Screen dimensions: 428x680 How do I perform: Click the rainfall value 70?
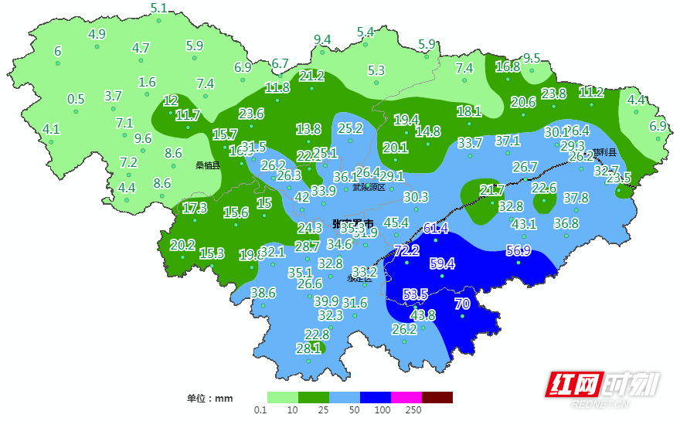pyautogui.click(x=462, y=304)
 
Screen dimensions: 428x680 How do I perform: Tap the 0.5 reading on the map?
pyautogui.click(x=76, y=99)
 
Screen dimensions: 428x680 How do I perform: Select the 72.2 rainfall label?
pyautogui.click(x=406, y=250)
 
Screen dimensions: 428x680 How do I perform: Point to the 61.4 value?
pyautogui.click(x=436, y=228)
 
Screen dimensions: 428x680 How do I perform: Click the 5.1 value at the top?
pyautogui.click(x=158, y=8)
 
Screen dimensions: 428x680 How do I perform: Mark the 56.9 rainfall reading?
pyautogui.click(x=518, y=250)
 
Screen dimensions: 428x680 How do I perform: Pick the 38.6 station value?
pyautogui.click(x=263, y=293)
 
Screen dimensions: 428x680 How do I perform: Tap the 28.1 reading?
pyautogui.click(x=308, y=348)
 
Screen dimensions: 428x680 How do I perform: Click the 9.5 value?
pyautogui.click(x=532, y=58)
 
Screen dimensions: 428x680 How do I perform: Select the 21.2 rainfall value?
pyautogui.click(x=311, y=75)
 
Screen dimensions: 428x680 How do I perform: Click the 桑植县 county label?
pyautogui.click(x=207, y=165)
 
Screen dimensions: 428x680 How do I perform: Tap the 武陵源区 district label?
pyautogui.click(x=369, y=187)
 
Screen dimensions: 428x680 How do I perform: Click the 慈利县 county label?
pyautogui.click(x=605, y=152)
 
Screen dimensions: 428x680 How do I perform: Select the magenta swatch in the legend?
pyautogui.click(x=406, y=397)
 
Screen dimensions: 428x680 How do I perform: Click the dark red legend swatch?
pyautogui.click(x=437, y=397)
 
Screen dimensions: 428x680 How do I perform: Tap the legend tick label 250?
pyautogui.click(x=413, y=410)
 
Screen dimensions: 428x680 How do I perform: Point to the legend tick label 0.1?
pyautogui.click(x=260, y=410)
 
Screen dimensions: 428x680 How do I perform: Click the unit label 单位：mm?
pyautogui.click(x=209, y=399)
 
